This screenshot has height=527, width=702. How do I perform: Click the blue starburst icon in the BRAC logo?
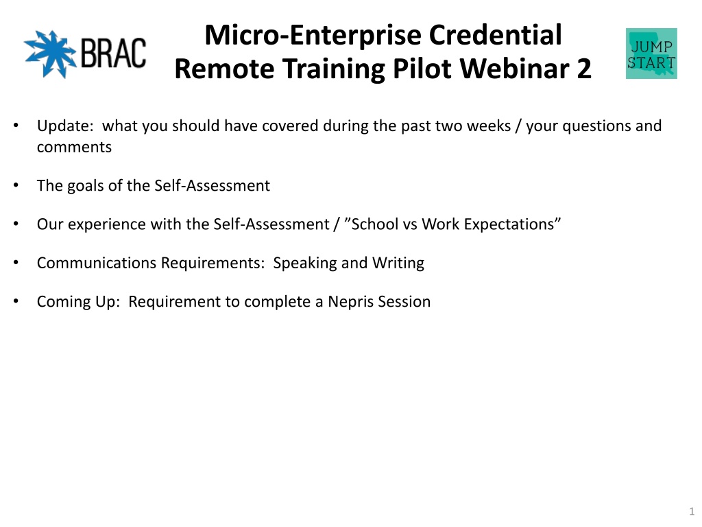[50, 54]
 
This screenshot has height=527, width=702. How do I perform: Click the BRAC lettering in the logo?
[113, 54]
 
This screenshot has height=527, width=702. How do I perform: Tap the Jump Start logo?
[651, 54]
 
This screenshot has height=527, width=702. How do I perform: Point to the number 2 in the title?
[584, 69]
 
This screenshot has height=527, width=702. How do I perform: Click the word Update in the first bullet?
[62, 126]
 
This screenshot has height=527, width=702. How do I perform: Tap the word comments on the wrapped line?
[74, 147]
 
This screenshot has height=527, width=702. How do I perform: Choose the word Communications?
[96, 263]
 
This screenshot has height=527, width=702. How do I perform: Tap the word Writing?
[398, 263]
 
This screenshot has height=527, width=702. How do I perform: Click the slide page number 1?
[692, 511]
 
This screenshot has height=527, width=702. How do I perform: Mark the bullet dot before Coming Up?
[16, 301]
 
